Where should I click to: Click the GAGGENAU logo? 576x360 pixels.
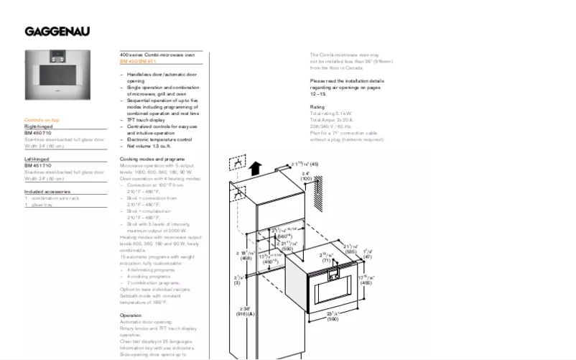(x=57, y=31)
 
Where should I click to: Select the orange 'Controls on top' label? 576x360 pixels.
(x=42, y=119)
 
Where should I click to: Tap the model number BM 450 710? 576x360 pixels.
(x=39, y=133)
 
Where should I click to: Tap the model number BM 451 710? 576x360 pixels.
(x=39, y=165)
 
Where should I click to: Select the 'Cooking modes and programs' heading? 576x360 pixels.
(x=152, y=158)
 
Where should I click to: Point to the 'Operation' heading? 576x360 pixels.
(x=131, y=315)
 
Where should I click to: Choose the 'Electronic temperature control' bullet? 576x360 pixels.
(x=159, y=139)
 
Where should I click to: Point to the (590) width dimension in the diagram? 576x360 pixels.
(x=333, y=318)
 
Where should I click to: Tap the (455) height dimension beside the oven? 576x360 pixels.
(x=365, y=283)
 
